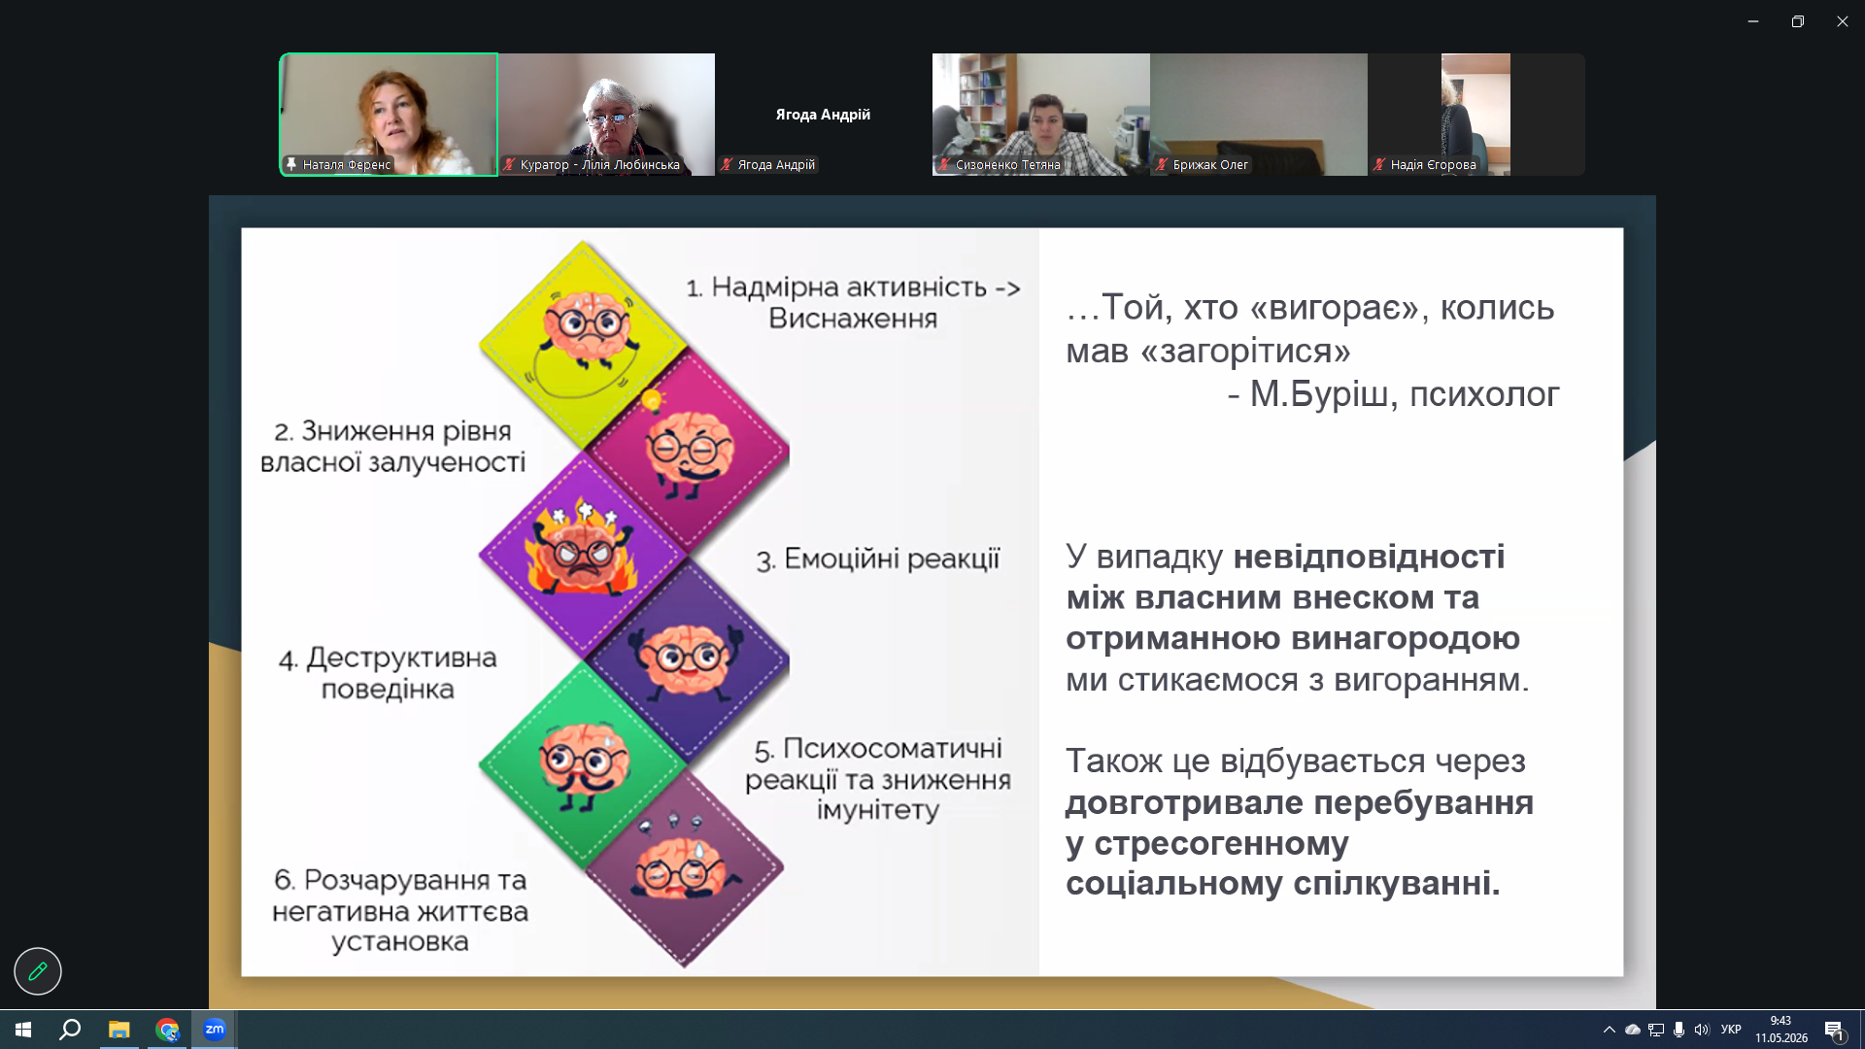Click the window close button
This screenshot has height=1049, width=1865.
1842,21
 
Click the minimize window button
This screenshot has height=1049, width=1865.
1753,21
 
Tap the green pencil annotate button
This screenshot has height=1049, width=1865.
38,970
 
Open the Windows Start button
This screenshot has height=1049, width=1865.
23,1030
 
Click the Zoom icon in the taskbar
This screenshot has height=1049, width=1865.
215,1030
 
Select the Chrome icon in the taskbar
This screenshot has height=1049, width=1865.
167,1030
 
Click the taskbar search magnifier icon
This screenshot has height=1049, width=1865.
70,1030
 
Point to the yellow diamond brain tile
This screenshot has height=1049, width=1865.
583,345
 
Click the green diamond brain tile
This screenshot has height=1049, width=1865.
583,765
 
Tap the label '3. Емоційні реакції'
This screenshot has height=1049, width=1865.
878,559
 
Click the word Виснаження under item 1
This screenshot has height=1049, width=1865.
853,319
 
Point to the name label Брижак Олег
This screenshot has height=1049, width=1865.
1210,165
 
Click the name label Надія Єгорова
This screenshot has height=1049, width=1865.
1433,165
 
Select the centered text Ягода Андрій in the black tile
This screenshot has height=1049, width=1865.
823,115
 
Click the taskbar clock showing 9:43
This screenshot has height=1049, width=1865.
1780,1021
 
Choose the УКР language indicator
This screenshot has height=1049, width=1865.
1731,1030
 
